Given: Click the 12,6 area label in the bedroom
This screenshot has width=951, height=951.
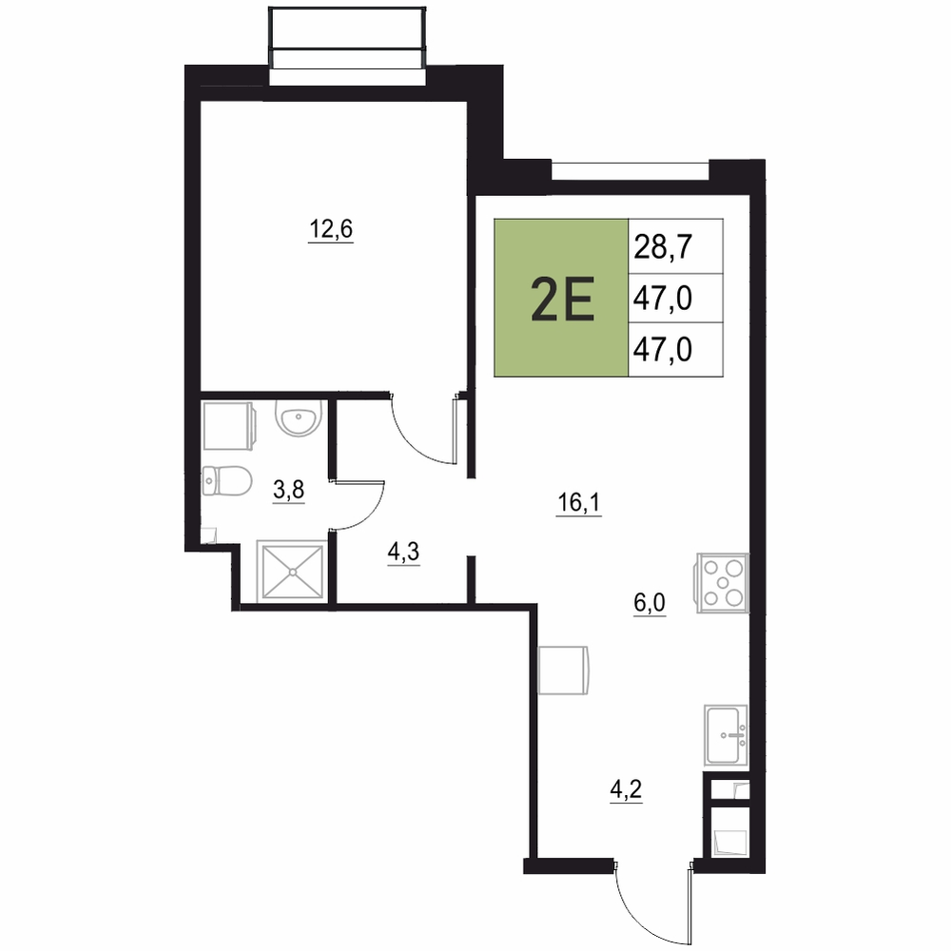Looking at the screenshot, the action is [x=331, y=230].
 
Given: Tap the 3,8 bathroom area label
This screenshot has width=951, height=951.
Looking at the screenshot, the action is [x=289, y=490].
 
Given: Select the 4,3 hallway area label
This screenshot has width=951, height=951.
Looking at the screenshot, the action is [x=403, y=553].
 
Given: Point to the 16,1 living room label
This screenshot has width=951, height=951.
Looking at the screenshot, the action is [x=579, y=503].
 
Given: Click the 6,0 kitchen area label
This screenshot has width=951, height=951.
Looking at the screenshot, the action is [x=650, y=604].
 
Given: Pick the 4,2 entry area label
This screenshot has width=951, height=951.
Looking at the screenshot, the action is [x=626, y=790].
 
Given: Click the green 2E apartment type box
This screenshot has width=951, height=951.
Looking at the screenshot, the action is [x=562, y=298].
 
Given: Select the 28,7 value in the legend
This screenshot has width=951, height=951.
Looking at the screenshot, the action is [x=663, y=247].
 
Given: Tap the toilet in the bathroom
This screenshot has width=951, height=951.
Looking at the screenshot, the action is [x=226, y=481].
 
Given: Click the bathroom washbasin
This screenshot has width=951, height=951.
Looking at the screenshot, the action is [x=297, y=417].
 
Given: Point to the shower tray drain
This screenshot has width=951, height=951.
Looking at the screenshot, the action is [x=292, y=572].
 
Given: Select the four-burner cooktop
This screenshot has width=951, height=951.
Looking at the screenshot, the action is [x=723, y=583].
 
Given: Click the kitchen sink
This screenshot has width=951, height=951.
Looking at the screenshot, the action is [x=726, y=735].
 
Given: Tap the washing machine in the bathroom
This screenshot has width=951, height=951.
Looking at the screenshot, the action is [x=228, y=425].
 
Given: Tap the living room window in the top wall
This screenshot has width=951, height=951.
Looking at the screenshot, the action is [x=631, y=170].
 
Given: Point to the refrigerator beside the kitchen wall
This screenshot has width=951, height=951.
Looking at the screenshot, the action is [x=563, y=670].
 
